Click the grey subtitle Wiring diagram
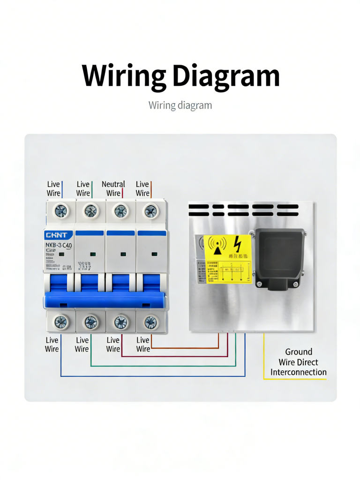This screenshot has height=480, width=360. click(180, 105)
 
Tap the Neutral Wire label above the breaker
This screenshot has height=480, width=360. click(113, 188)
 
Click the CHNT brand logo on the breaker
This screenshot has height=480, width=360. click(56, 235)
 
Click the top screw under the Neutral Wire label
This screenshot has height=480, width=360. click(120, 211)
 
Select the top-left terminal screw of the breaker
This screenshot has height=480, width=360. click(61, 211)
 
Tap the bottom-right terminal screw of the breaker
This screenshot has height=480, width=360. click(150, 322)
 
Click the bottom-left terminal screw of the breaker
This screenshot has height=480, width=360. click(61, 322)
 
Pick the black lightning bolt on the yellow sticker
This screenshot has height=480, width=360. click(238, 244)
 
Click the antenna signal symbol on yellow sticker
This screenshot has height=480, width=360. click(217, 246)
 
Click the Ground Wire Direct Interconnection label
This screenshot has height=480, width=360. click(298, 362)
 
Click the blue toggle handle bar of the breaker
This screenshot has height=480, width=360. click(105, 300)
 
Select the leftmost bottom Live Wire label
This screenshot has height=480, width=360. click(52, 345)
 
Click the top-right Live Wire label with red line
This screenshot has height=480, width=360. click(142, 188)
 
